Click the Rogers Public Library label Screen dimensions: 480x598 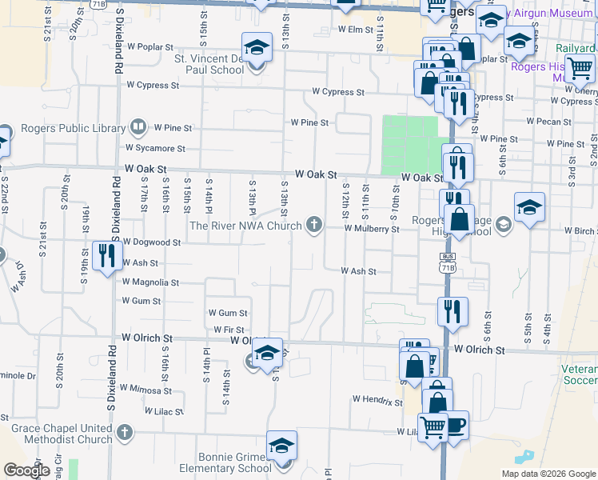74,128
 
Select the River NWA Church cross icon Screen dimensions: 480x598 315,225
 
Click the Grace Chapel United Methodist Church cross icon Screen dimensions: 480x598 123,433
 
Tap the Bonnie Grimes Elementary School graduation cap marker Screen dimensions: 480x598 281,446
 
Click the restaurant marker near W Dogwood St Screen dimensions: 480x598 106,256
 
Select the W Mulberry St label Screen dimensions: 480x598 372,229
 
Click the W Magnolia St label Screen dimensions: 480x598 150,282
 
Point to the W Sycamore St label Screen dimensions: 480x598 155,148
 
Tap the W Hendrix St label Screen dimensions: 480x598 377,399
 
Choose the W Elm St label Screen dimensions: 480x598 356,30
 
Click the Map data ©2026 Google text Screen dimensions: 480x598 548,474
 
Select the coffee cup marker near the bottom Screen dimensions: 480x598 455,425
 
